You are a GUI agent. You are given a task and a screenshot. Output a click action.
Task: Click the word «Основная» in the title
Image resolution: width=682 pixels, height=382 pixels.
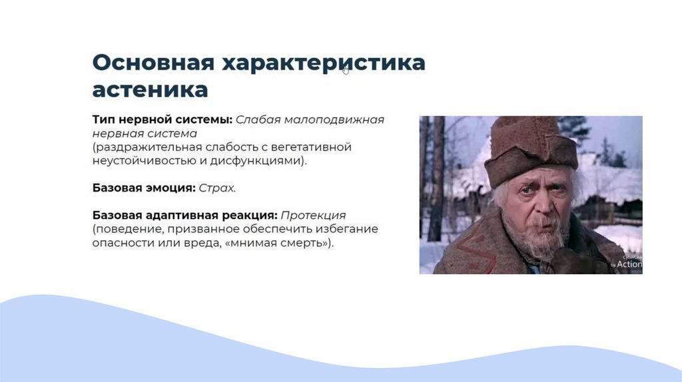coord(154,62)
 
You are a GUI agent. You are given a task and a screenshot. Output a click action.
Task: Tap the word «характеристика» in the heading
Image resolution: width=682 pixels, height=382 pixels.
coord(324,63)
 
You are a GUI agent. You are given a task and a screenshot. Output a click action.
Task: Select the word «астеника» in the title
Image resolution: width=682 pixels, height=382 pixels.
coord(150,90)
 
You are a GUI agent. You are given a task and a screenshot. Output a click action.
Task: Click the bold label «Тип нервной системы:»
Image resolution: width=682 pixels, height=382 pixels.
coord(163,119)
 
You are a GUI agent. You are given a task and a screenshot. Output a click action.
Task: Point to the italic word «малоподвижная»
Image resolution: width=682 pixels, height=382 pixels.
coord(334,120)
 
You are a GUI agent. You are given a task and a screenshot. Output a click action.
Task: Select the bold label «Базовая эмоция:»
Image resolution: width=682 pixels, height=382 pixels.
coord(144,188)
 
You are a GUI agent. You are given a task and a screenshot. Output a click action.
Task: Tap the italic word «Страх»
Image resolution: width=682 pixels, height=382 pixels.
coord(216,188)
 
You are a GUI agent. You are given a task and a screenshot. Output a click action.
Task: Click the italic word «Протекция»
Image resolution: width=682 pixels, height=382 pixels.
coord(313,216)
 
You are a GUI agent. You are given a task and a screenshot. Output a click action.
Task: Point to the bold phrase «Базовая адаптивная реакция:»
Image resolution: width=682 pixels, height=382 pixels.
coord(185,216)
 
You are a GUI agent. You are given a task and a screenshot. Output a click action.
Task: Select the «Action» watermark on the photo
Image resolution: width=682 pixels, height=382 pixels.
coord(629,264)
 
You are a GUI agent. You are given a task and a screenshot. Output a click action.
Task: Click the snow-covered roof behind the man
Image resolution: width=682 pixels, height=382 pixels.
coord(609,178)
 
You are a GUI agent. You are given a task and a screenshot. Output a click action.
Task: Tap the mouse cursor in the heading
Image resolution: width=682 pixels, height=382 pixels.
coord(346,71)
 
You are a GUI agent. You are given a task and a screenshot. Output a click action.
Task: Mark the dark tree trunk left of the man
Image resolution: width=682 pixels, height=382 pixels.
coord(436,178)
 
